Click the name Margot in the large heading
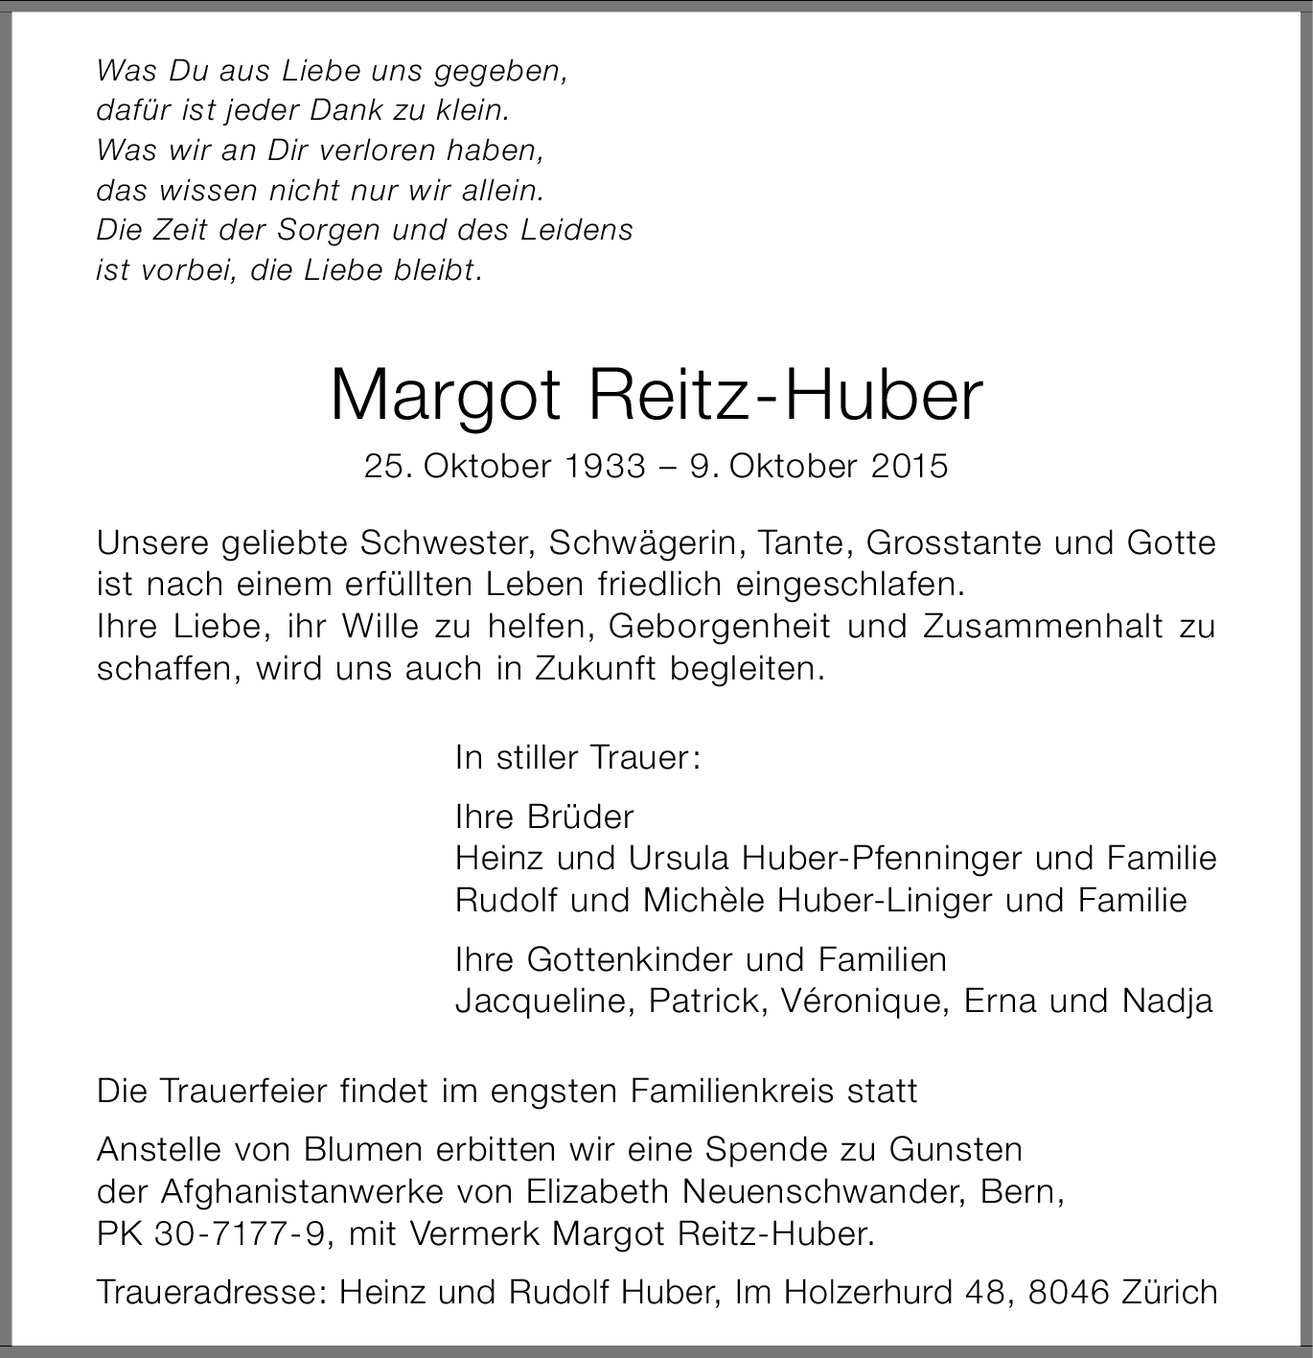(445, 395)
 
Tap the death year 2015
(910, 466)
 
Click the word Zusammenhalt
(1043, 626)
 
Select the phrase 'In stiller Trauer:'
(579, 758)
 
